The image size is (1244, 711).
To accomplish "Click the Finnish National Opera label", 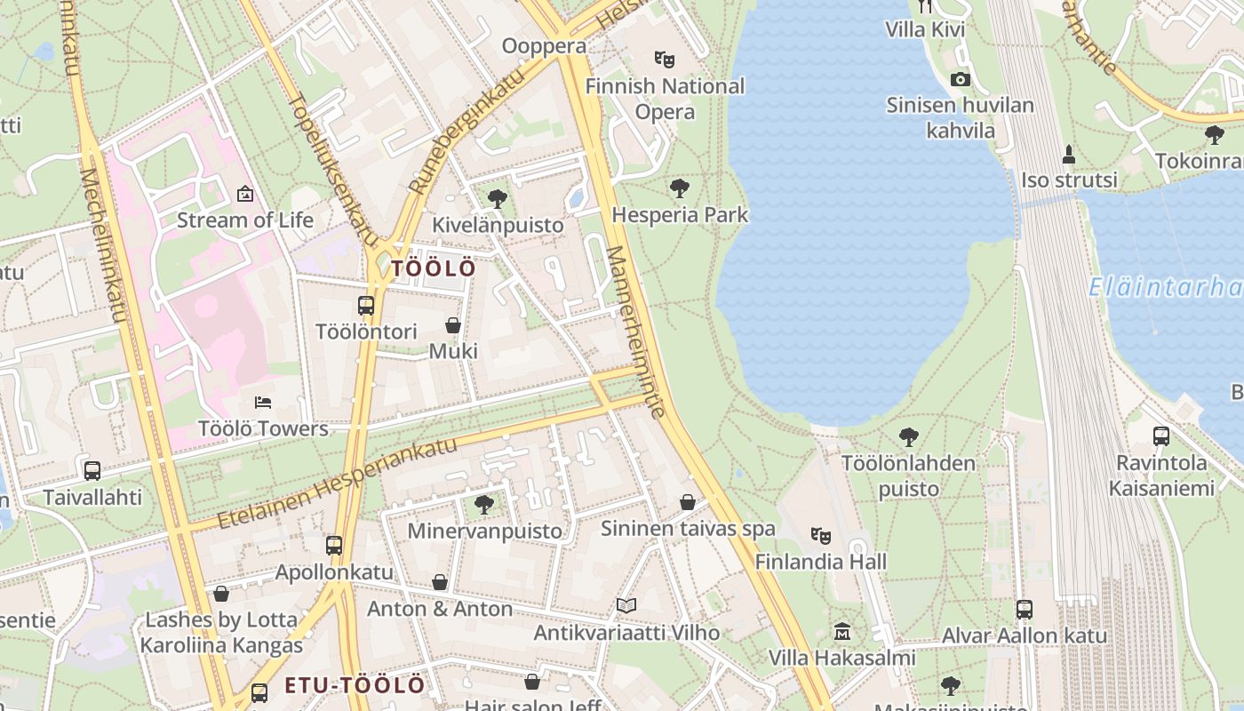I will (x=665, y=99).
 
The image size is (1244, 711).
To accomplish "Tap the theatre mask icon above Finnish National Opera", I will (x=664, y=60).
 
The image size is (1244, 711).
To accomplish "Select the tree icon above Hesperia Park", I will (x=680, y=188).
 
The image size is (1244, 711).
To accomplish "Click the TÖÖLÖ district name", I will (x=434, y=268).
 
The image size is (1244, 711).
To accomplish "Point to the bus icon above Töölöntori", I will (x=366, y=306).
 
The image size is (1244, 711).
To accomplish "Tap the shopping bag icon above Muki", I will (x=453, y=325).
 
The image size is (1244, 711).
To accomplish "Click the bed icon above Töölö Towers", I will (x=262, y=403).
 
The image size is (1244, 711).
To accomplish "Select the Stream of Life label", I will (x=245, y=220).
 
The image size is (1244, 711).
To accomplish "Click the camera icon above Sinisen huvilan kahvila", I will (x=960, y=79).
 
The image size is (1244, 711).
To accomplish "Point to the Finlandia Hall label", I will (x=821, y=562).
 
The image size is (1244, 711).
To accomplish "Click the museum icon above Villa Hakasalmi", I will (x=841, y=632).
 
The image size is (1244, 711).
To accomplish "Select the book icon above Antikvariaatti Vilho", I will (x=626, y=606).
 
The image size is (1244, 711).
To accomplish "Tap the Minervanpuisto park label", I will (x=485, y=531).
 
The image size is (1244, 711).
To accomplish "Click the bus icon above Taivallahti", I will (x=92, y=471).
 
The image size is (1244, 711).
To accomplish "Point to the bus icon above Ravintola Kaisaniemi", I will (x=1161, y=436).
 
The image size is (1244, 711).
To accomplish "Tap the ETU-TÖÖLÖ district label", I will (x=355, y=685).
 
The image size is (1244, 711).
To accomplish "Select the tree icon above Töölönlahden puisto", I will (x=908, y=436).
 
